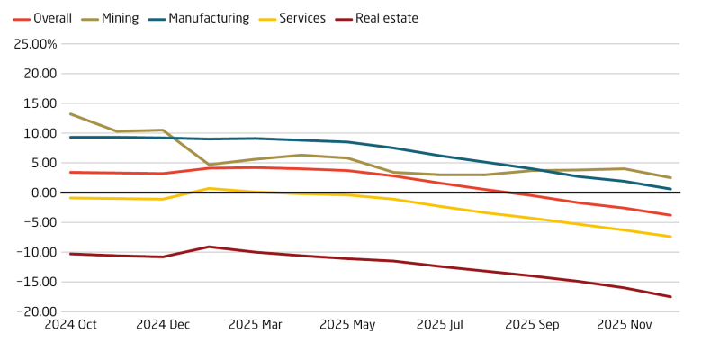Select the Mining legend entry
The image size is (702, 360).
click(120, 18)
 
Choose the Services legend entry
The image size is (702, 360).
click(302, 18)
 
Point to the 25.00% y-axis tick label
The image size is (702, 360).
click(32, 44)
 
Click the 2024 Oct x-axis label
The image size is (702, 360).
click(70, 325)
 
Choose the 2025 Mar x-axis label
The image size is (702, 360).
click(255, 325)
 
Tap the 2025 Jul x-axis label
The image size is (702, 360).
click(440, 325)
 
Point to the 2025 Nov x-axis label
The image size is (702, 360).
click(625, 325)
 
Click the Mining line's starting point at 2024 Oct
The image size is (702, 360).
click(70, 114)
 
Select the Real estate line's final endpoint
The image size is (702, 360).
click(670, 297)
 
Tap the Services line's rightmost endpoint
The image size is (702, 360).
click(670, 237)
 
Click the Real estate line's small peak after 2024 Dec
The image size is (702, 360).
click(209, 247)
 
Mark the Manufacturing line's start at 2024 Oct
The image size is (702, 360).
click(70, 137)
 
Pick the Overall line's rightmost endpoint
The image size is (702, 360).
click(670, 215)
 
